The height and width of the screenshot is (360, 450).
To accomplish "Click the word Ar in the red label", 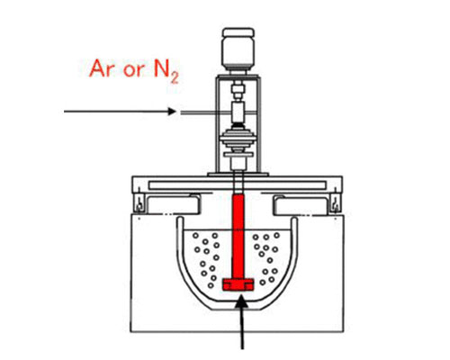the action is click(x=102, y=68).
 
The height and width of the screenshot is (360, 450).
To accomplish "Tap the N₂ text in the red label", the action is click(x=166, y=71).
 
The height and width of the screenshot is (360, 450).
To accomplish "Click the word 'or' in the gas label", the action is click(x=134, y=71).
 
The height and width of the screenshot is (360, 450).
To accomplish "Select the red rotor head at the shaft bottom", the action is click(x=238, y=284).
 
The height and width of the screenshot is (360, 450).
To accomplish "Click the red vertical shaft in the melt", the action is click(x=238, y=237).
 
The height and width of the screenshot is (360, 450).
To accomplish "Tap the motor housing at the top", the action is click(x=238, y=49).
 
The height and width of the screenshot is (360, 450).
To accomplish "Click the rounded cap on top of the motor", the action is click(x=238, y=31).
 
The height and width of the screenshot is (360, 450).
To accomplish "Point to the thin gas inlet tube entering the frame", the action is click(x=205, y=112).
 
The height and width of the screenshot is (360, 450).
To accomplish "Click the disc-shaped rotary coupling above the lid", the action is click(x=238, y=139).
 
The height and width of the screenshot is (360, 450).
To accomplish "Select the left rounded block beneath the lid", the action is click(x=173, y=204).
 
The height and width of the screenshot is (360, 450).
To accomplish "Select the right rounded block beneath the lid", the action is click(x=301, y=204).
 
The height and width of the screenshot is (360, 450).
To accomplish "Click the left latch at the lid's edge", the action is click(x=139, y=203).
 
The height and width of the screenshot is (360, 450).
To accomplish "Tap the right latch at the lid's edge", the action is click(x=336, y=203).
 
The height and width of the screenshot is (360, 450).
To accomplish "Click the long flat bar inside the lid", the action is click(x=237, y=185).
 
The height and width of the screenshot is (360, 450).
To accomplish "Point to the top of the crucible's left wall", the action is click(x=180, y=219).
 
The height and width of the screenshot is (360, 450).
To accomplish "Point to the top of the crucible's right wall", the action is click(x=294, y=220).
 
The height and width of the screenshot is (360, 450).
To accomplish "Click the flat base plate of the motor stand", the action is click(x=238, y=174).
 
